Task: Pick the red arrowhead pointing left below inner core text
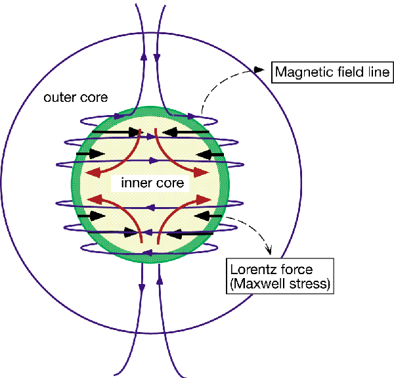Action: click(93, 199)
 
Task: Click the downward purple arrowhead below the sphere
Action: click(142, 287)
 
